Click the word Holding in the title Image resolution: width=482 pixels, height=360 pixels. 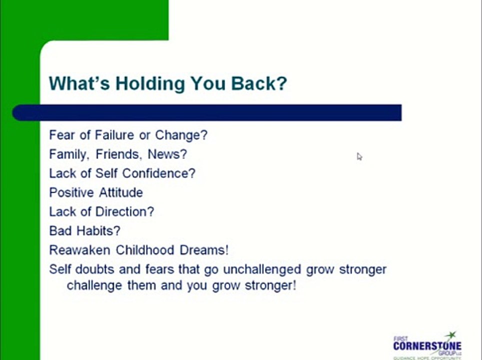pos(148,83)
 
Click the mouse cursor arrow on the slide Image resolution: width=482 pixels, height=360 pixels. pos(359,156)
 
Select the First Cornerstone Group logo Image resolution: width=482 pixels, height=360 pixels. pos(427,345)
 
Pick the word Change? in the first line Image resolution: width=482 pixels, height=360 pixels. pos(181,135)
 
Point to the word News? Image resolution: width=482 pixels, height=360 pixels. pos(167,154)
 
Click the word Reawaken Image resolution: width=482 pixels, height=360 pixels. pos(80,250)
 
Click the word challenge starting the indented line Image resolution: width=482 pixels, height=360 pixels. pos(92,286)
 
